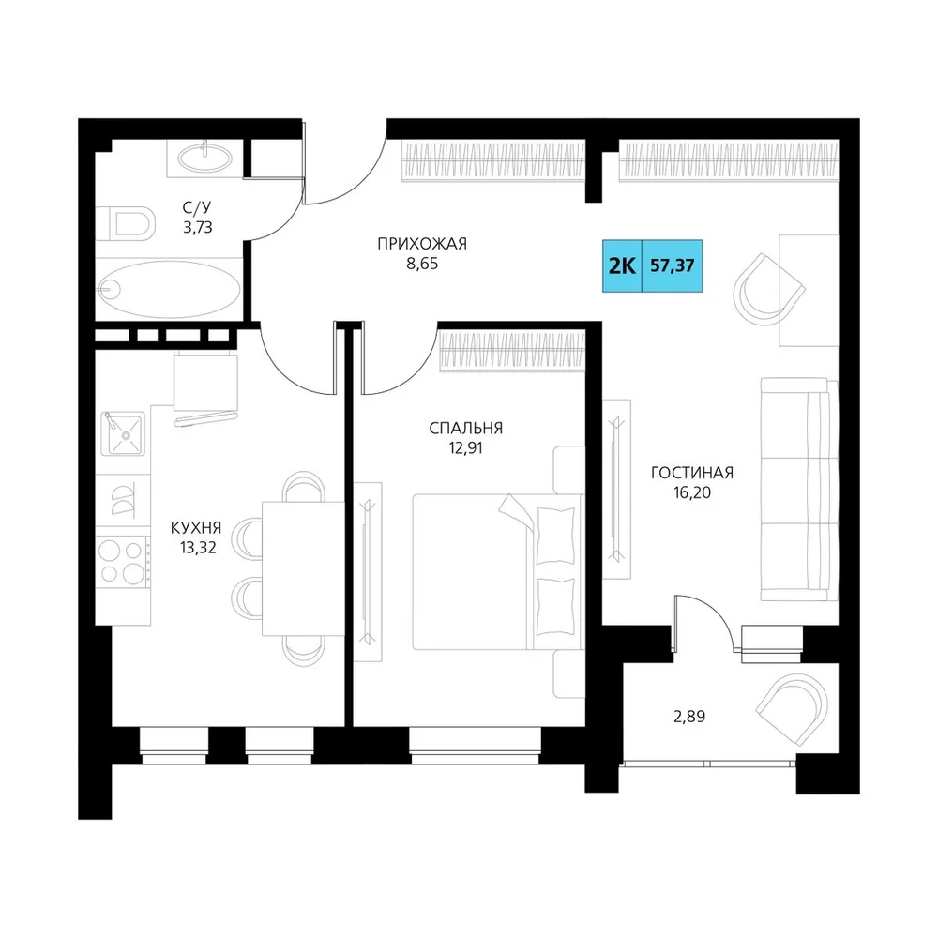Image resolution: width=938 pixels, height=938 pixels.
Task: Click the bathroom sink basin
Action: tap(204, 158)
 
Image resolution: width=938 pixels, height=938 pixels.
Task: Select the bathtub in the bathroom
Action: tap(169, 290)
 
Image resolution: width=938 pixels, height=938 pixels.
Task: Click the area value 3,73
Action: tap(197, 227)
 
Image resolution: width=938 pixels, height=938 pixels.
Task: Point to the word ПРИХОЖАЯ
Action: tap(422, 244)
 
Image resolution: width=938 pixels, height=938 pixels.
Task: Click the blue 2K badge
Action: tap(622, 265)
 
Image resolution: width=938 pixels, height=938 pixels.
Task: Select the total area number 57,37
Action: tap(673, 265)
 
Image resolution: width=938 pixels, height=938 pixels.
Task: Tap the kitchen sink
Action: tap(123, 434)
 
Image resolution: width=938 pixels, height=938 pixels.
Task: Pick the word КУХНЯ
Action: tap(196, 527)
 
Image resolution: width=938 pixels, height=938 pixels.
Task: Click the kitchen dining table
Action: tap(303, 568)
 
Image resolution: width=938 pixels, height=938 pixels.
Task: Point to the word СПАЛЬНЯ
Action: tap(466, 429)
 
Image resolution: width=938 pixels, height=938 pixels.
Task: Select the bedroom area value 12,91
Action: tap(465, 448)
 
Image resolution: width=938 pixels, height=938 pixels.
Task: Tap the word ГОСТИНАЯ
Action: tap(692, 473)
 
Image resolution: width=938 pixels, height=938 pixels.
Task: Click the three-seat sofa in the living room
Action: tap(798, 489)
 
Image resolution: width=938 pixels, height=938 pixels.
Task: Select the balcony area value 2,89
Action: tap(689, 716)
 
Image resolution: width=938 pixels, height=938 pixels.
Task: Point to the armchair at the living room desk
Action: tap(768, 290)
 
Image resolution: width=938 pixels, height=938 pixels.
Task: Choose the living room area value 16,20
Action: tap(692, 493)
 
